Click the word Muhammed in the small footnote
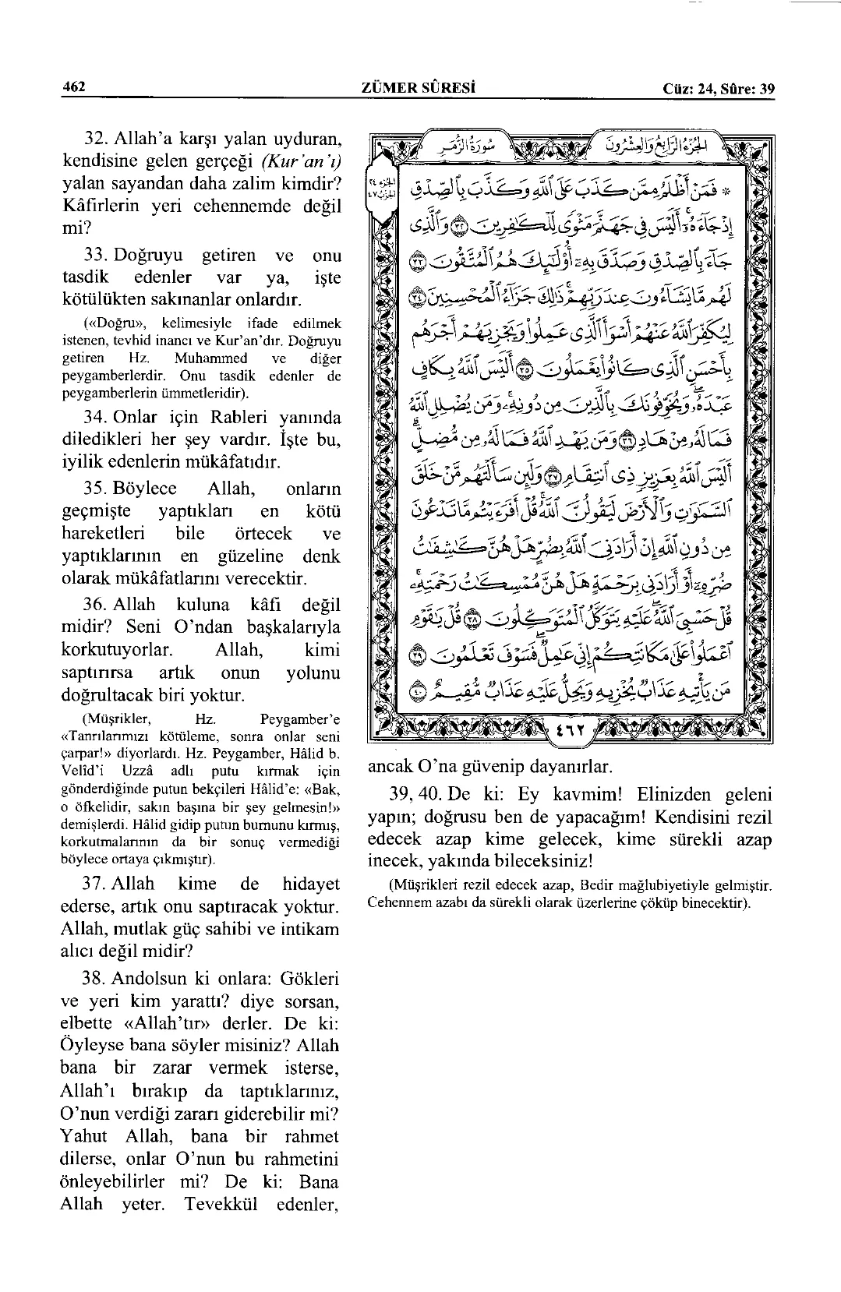[x=211, y=358]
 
